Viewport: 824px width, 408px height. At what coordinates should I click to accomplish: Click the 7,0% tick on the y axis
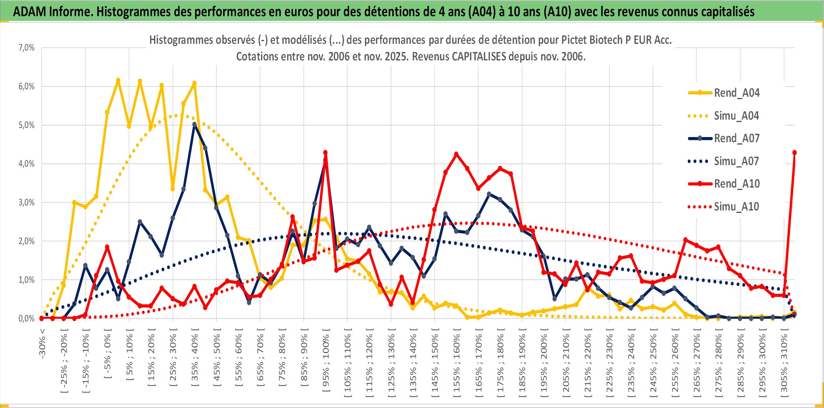click(26, 48)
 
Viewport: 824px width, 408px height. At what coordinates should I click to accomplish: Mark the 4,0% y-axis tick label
click(26, 164)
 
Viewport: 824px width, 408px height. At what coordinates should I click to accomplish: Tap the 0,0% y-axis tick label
click(26, 318)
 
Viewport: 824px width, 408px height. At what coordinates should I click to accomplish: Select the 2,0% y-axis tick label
click(26, 241)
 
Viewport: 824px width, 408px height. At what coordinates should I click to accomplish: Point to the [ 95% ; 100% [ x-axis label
click(326, 363)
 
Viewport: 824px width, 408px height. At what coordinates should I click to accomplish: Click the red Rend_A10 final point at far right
click(794, 152)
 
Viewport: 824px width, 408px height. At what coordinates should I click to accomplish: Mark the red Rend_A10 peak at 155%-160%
click(456, 154)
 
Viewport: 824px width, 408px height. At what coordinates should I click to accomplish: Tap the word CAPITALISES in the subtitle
click(479, 56)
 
